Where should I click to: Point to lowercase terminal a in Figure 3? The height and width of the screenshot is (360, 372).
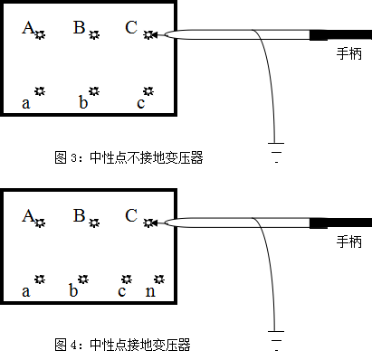[x=39, y=92]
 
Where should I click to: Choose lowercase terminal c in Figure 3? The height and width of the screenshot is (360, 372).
[x=148, y=92]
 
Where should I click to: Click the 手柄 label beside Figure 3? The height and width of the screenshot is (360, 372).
[x=348, y=53]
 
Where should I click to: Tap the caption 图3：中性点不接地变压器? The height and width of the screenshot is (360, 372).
[x=129, y=157]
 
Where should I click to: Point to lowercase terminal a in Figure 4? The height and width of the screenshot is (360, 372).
[x=39, y=279]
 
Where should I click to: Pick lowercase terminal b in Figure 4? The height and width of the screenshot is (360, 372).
[x=82, y=279]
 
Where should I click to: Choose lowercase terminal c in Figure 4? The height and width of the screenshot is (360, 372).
[x=129, y=279]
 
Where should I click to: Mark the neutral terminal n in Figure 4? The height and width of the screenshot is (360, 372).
[x=159, y=279]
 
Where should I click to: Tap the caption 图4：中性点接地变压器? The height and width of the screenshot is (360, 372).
[x=123, y=345]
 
